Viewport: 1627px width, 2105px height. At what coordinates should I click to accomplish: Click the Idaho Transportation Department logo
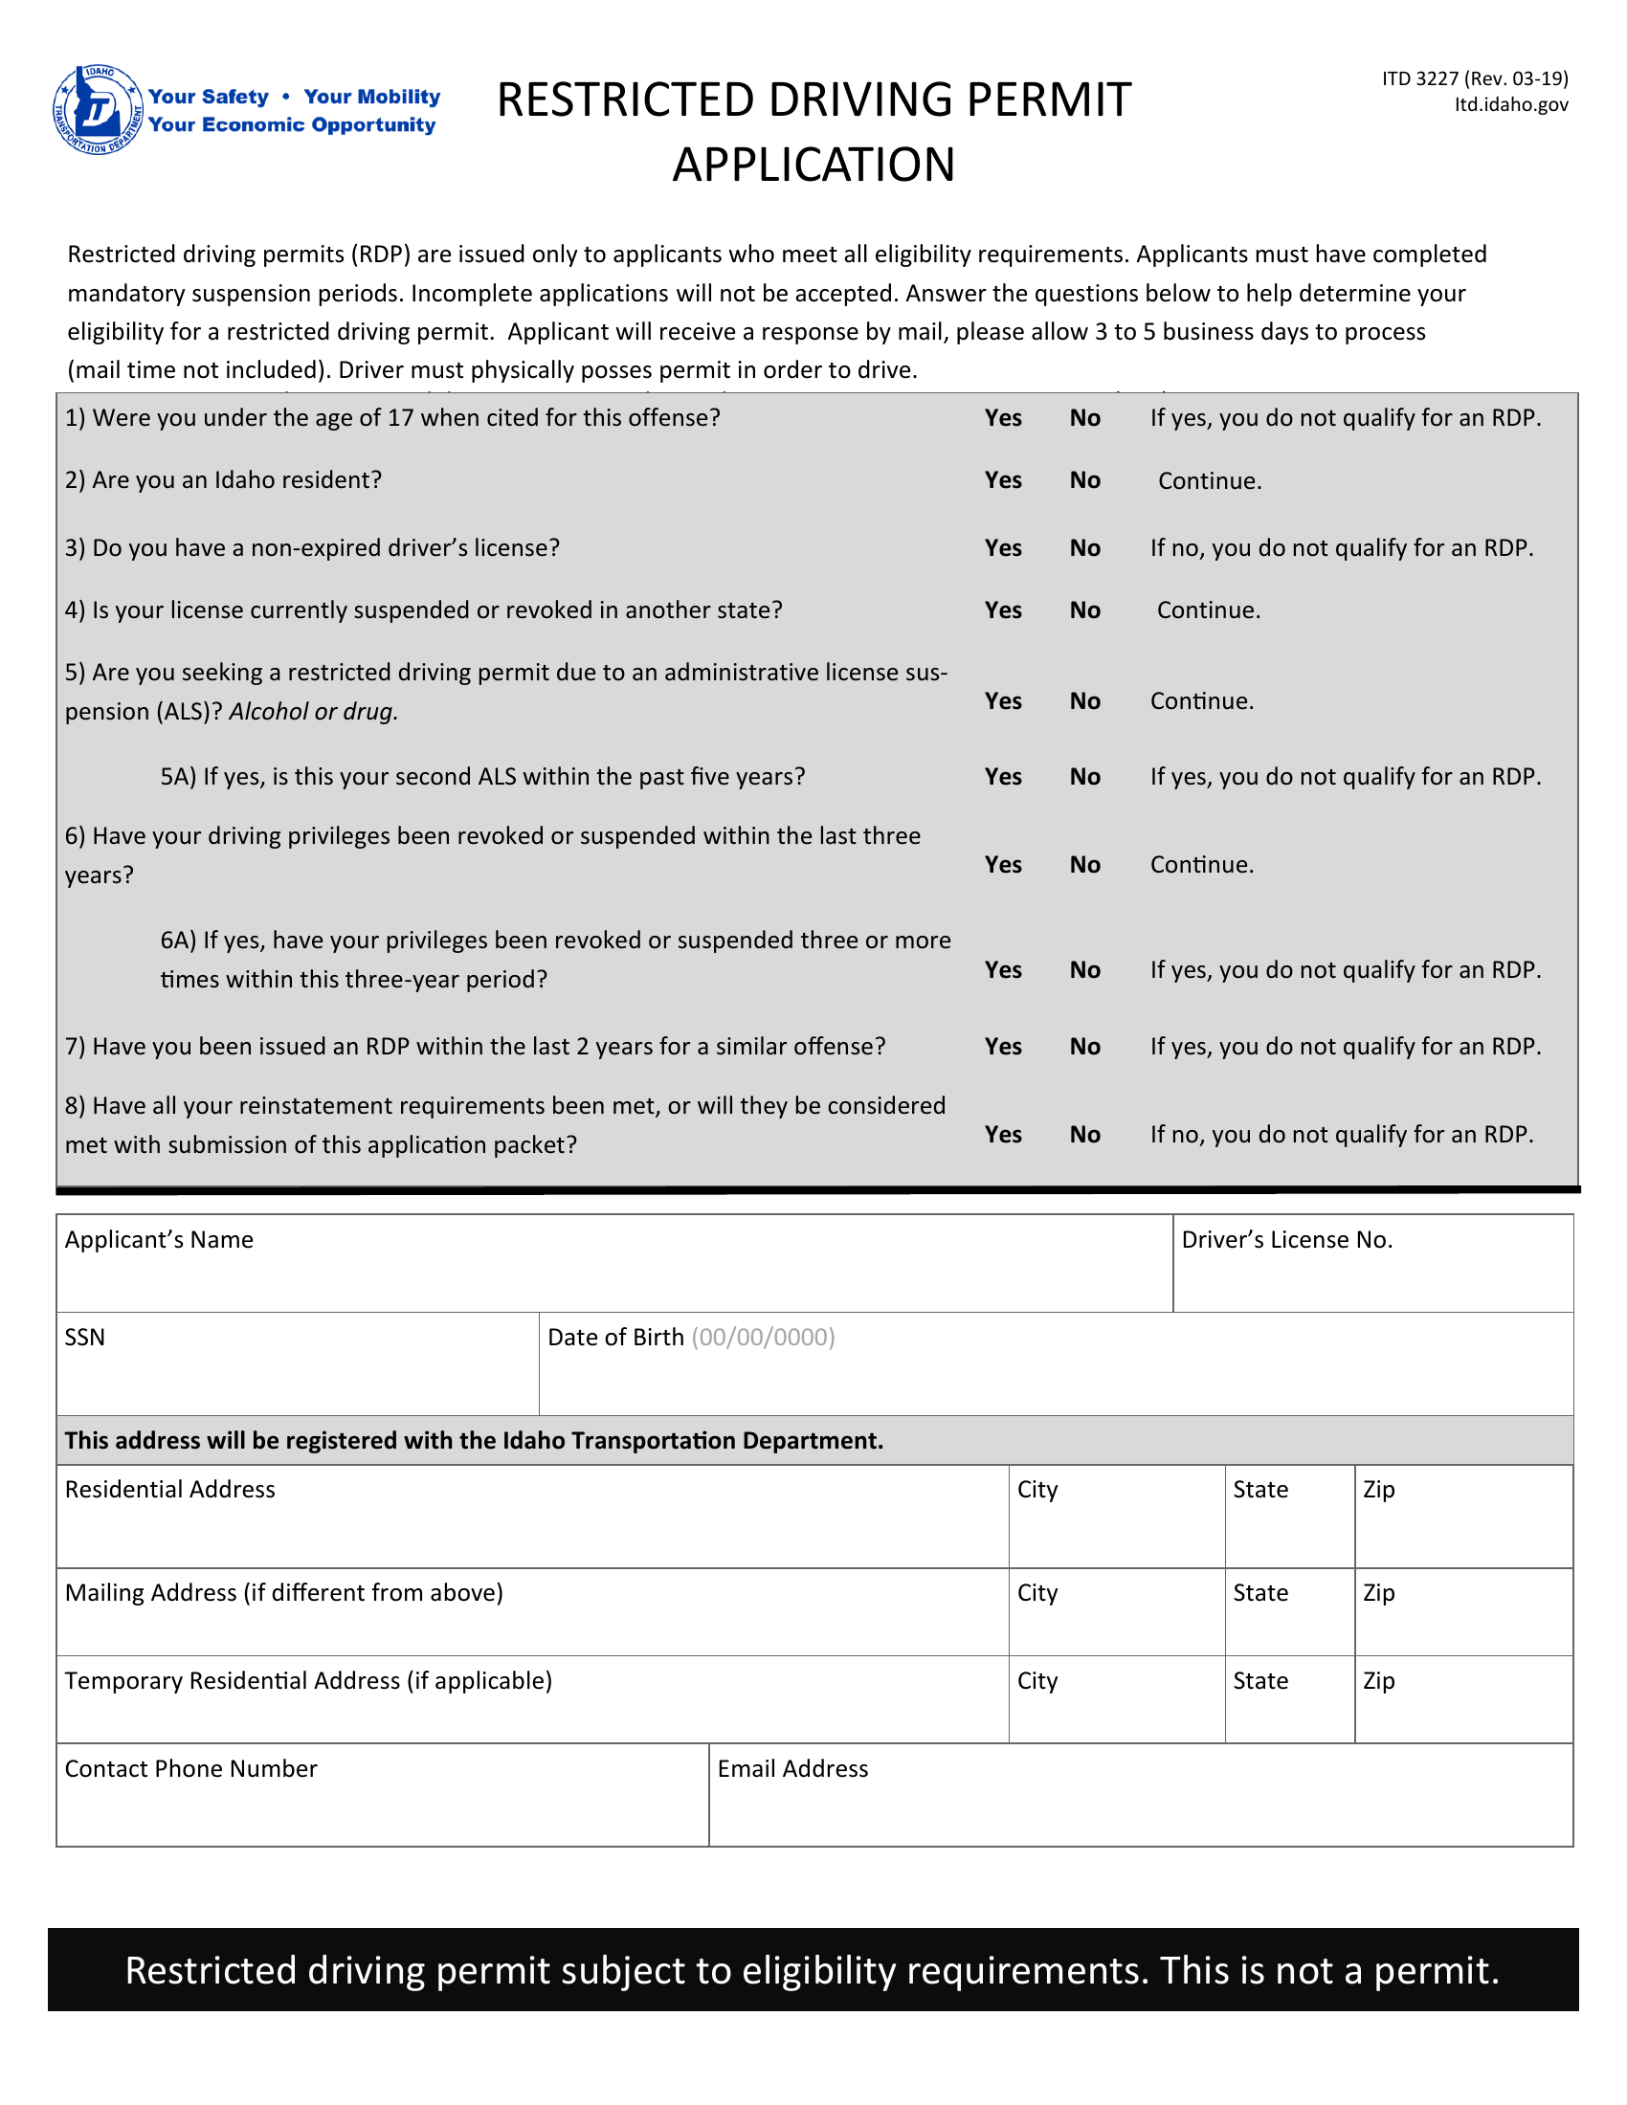99,110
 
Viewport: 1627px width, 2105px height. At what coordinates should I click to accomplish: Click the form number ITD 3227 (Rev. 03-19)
1474,78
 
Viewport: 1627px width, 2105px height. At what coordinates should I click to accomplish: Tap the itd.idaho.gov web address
1510,104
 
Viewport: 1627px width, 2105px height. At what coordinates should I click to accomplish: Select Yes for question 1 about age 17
1002,417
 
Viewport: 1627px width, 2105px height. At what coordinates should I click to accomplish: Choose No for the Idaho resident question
1084,480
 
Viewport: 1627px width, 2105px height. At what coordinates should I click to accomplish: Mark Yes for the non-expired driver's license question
1002,547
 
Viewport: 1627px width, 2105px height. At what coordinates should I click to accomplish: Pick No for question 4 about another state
1084,610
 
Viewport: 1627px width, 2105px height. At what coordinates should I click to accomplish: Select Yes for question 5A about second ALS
1002,777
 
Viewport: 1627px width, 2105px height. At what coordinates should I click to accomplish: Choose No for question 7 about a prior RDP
1084,1047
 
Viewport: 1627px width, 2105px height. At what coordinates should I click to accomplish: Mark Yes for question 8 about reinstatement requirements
1002,1135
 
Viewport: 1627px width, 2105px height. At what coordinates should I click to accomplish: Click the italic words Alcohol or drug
313,711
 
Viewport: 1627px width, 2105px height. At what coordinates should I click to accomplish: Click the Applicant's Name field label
159,1239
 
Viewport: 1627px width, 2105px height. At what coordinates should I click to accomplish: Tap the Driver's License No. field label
1286,1239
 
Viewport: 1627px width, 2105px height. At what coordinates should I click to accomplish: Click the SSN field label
85,1337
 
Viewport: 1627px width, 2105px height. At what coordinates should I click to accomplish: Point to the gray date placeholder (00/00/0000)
763,1337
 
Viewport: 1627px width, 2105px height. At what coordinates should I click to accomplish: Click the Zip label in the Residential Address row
1378,1489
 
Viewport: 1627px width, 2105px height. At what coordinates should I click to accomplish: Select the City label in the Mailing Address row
1037,1592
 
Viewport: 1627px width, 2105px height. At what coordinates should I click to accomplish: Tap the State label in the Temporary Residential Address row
1259,1680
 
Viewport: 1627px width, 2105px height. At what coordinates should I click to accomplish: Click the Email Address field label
792,1768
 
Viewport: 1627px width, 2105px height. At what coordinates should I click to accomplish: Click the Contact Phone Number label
190,1768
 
